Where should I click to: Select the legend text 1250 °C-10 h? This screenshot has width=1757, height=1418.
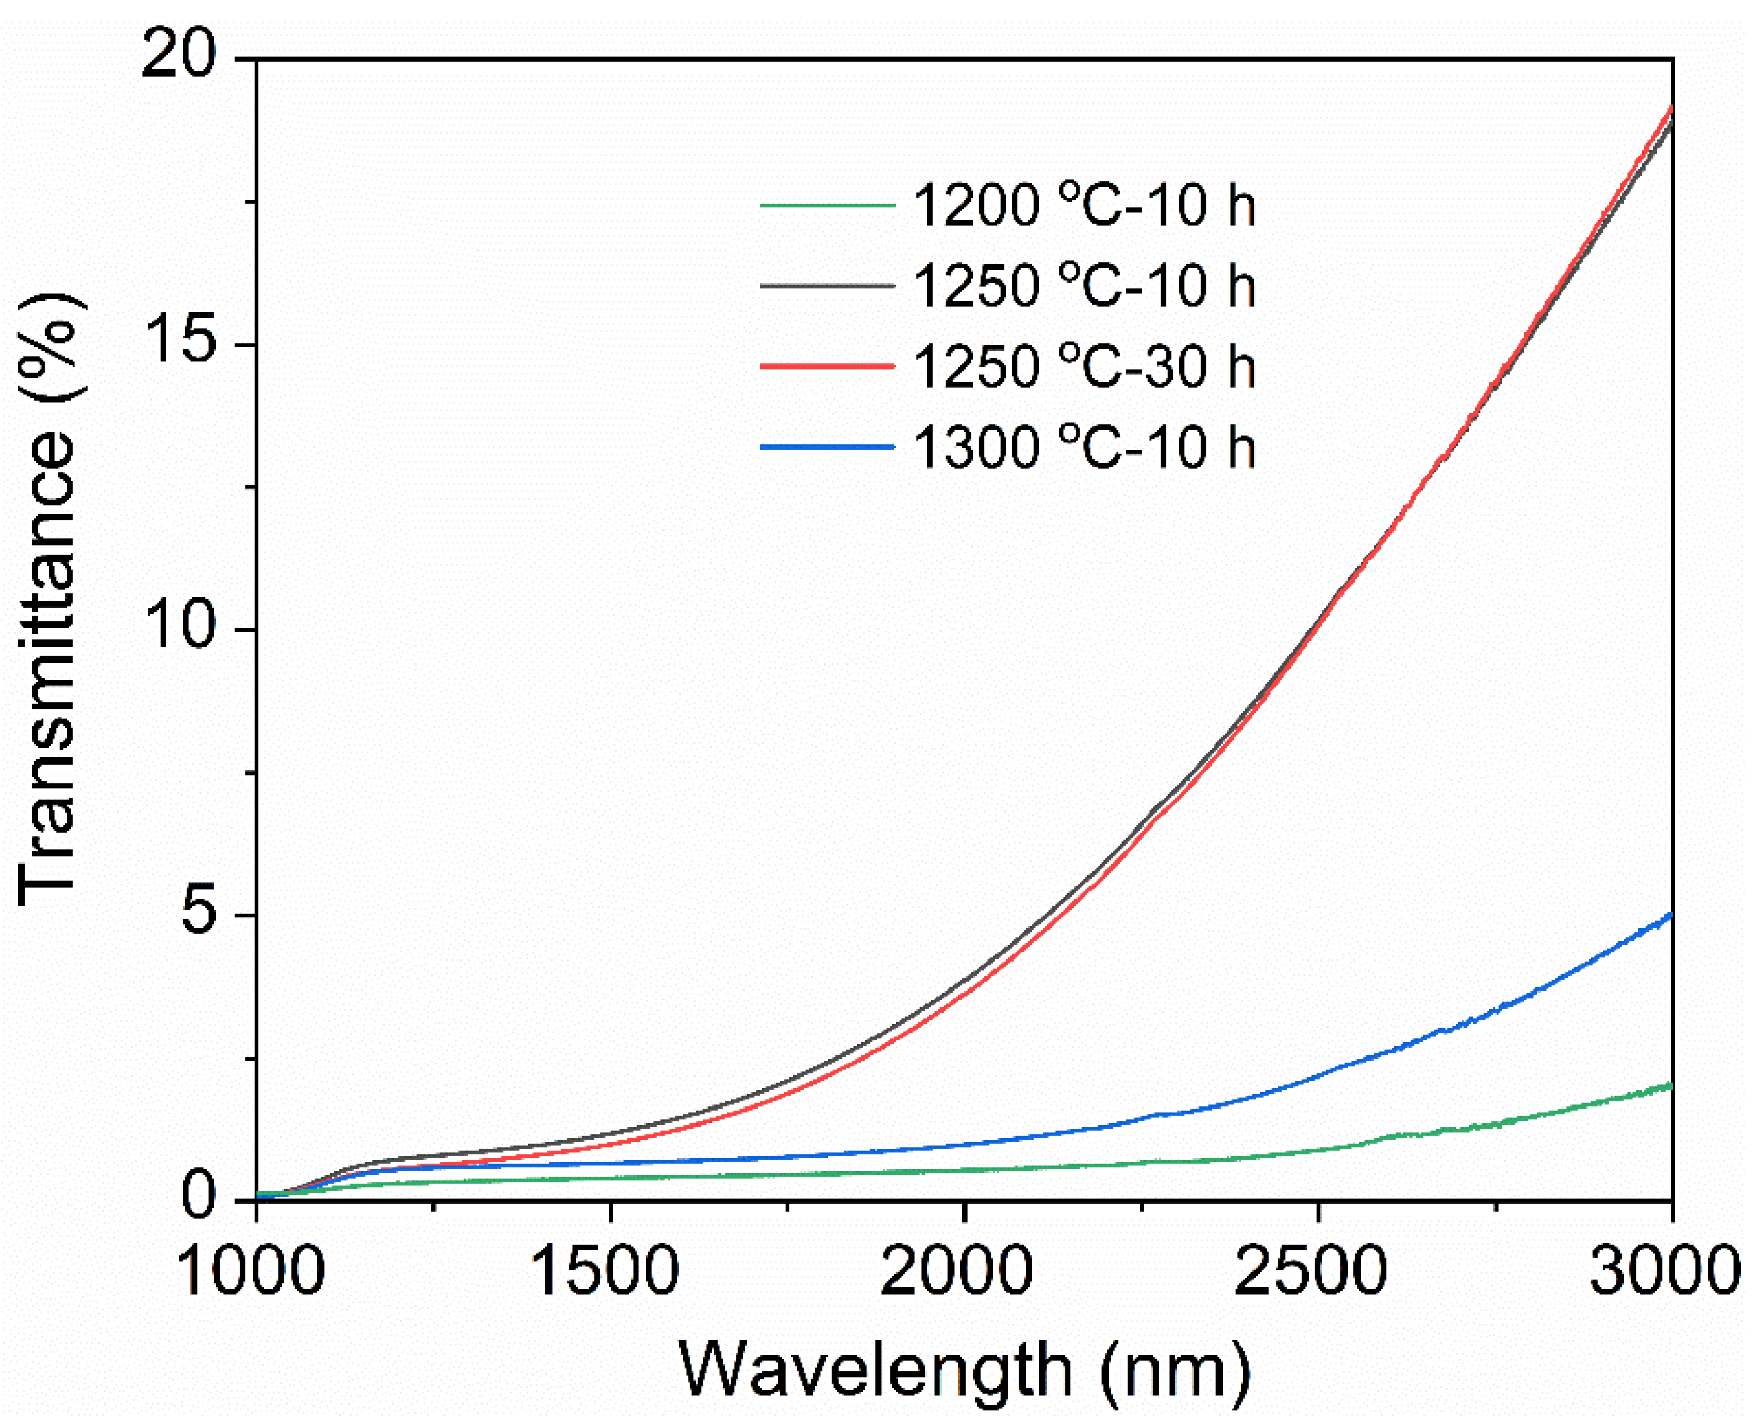[1084, 285]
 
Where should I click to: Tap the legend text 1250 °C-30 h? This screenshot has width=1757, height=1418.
[1084, 366]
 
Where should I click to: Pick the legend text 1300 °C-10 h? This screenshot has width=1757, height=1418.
[1084, 447]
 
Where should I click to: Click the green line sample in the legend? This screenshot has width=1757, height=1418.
[827, 205]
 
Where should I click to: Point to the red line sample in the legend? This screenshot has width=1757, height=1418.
[827, 367]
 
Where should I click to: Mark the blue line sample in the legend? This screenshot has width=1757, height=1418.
[827, 447]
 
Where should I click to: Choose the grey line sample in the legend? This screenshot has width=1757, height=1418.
[827, 286]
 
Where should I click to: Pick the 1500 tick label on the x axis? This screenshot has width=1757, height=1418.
[606, 1272]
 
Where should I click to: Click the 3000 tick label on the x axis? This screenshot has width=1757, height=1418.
[1665, 1272]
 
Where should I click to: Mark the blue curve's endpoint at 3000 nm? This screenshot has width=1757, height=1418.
[1672, 916]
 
